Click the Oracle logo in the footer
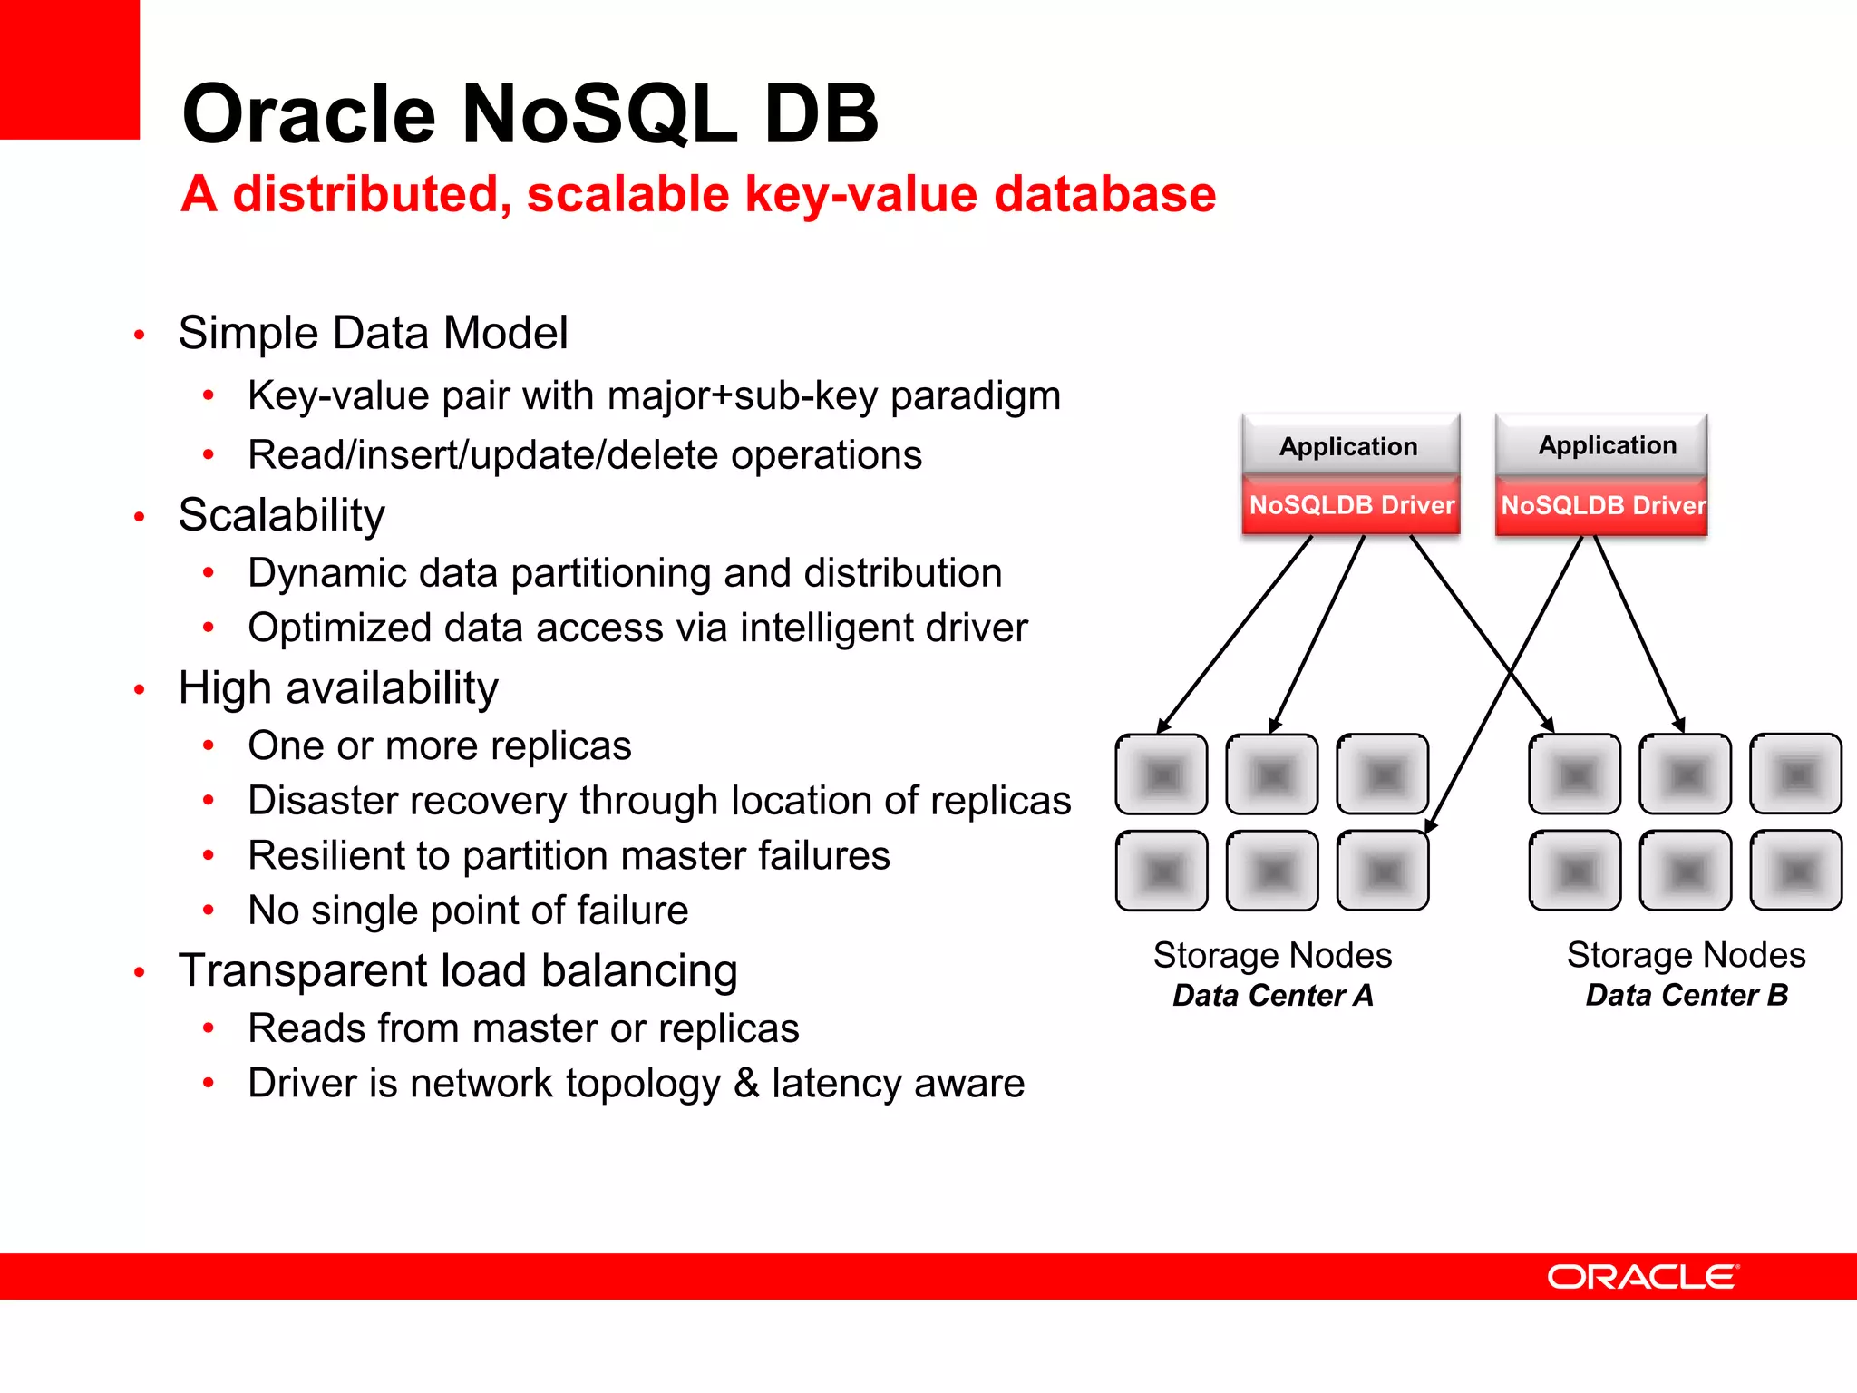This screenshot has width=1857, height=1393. click(x=1642, y=1277)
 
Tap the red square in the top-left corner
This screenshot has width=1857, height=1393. click(x=69, y=69)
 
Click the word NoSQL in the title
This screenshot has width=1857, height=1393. click(x=599, y=114)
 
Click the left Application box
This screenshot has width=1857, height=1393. click(x=1349, y=446)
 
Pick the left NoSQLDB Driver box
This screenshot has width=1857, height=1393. click(x=1351, y=506)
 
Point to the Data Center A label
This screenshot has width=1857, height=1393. click(x=1272, y=996)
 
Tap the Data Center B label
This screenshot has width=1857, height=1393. click(x=1687, y=996)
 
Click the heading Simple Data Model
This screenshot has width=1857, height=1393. click(x=373, y=333)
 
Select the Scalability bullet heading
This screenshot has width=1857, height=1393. click(x=281, y=515)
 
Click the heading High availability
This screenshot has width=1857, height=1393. click(x=337, y=687)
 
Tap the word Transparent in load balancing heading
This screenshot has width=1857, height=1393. click(x=305, y=970)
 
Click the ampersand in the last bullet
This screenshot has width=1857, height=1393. click(x=746, y=1083)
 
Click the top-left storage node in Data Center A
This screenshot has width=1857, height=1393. click(x=1162, y=774)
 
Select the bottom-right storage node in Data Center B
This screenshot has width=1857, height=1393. click(x=1795, y=871)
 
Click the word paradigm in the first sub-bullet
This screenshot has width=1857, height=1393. click(x=976, y=396)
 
